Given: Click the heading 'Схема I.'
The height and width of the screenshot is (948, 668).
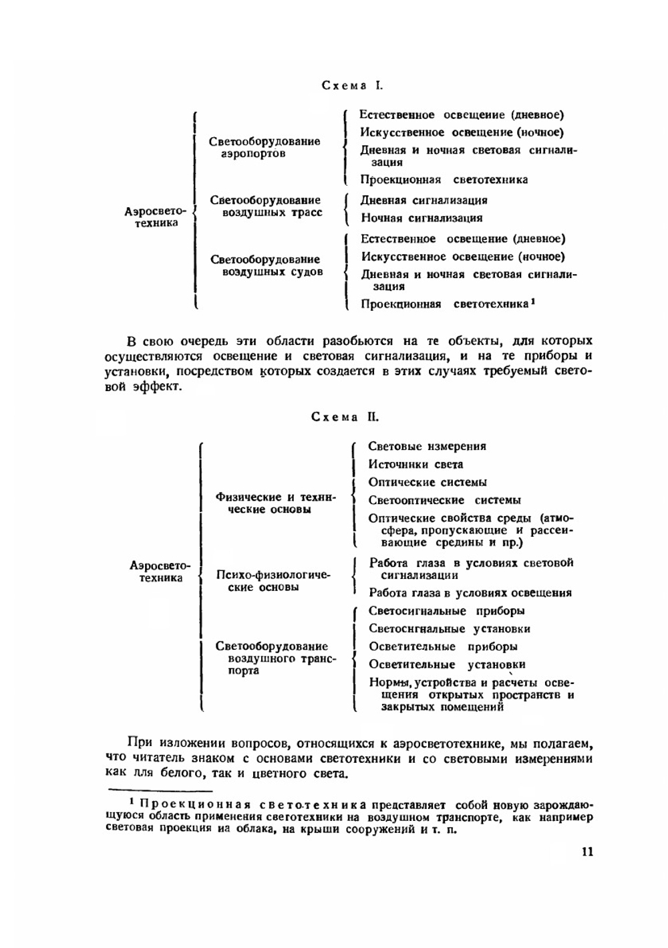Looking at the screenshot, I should pyautogui.click(x=352, y=86).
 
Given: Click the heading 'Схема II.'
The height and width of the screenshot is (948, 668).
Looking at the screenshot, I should pyautogui.click(x=345, y=417).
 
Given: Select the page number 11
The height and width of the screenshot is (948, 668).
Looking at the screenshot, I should pyautogui.click(x=587, y=852).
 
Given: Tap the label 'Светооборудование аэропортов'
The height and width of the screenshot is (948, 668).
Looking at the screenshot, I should pyautogui.click(x=264, y=148).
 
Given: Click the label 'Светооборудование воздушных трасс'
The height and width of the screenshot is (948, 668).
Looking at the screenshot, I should pyautogui.click(x=265, y=207).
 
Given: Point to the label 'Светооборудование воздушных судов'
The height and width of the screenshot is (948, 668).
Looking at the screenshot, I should pyautogui.click(x=265, y=266).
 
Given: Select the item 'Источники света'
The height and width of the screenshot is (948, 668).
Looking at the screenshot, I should pyautogui.click(x=415, y=465).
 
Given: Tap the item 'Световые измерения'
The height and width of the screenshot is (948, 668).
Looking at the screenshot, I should pyautogui.click(x=427, y=447).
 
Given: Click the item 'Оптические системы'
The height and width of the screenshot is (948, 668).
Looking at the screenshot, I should pyautogui.click(x=428, y=483).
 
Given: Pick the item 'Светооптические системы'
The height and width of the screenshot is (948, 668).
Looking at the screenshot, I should pyautogui.click(x=444, y=500).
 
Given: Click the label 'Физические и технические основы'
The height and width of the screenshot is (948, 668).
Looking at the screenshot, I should pyautogui.click(x=275, y=503).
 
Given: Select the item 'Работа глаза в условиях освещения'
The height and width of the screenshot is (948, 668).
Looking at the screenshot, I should pyautogui.click(x=470, y=593).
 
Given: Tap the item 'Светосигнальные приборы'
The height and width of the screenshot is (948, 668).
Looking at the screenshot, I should pyautogui.click(x=446, y=611).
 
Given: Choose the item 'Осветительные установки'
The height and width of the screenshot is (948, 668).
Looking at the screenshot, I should pyautogui.click(x=447, y=665).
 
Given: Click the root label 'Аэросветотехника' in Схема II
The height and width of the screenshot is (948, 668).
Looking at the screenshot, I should pyautogui.click(x=160, y=572).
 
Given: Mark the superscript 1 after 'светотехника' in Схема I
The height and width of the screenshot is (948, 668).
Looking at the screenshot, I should pyautogui.click(x=533, y=302).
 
